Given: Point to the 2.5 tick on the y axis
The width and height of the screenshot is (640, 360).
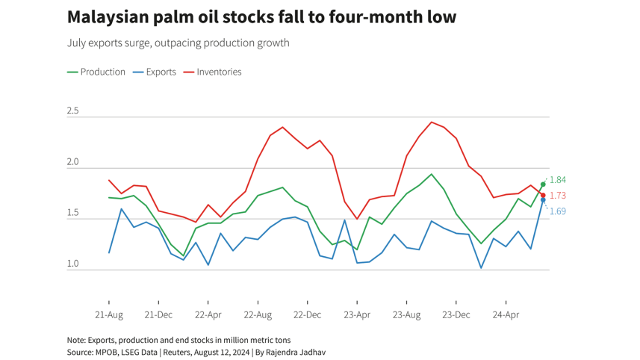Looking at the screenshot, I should [x=72, y=111].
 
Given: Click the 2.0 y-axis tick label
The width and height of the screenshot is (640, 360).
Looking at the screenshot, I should [x=72, y=162].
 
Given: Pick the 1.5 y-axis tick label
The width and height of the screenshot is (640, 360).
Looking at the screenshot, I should [x=72, y=213].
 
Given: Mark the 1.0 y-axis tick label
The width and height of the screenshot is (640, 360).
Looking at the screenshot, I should [x=72, y=264].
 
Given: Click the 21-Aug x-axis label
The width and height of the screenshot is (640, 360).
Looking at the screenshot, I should [x=109, y=315].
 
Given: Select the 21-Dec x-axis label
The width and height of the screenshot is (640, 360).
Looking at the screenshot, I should [x=158, y=315].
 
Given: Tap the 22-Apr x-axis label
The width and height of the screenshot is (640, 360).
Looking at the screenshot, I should [x=208, y=315].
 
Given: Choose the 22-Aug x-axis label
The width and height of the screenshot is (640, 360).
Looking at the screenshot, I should [x=258, y=315].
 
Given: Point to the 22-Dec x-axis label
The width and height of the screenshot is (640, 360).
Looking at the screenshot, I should [x=308, y=315].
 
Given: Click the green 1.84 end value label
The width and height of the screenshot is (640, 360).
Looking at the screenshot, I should [x=558, y=180].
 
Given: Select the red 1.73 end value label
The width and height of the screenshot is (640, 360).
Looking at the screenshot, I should [x=558, y=196].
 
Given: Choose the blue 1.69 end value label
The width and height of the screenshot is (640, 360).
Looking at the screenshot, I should [x=558, y=211].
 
